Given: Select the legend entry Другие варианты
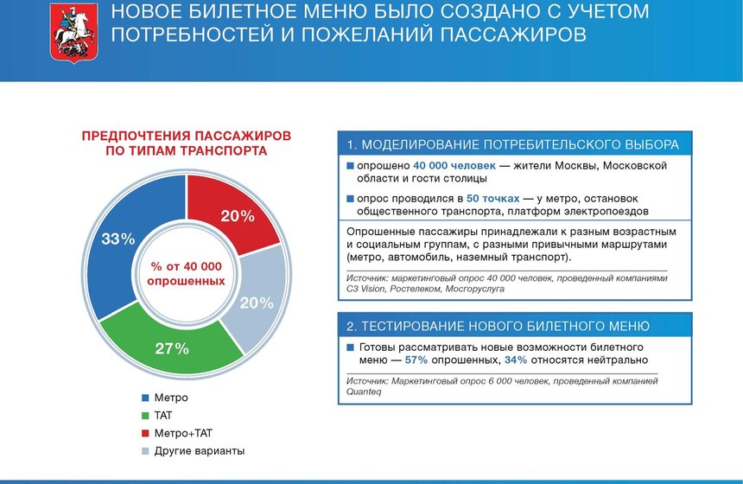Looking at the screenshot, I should (199, 451).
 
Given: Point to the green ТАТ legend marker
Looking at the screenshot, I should (145, 416).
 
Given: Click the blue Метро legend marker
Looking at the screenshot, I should (145, 398).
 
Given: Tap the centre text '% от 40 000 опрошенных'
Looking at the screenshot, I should (186, 273).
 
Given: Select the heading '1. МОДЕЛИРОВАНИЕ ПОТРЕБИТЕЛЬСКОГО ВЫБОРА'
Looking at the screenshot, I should (513, 143).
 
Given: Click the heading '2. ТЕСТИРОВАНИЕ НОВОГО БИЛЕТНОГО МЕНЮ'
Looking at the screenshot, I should (498, 326).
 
